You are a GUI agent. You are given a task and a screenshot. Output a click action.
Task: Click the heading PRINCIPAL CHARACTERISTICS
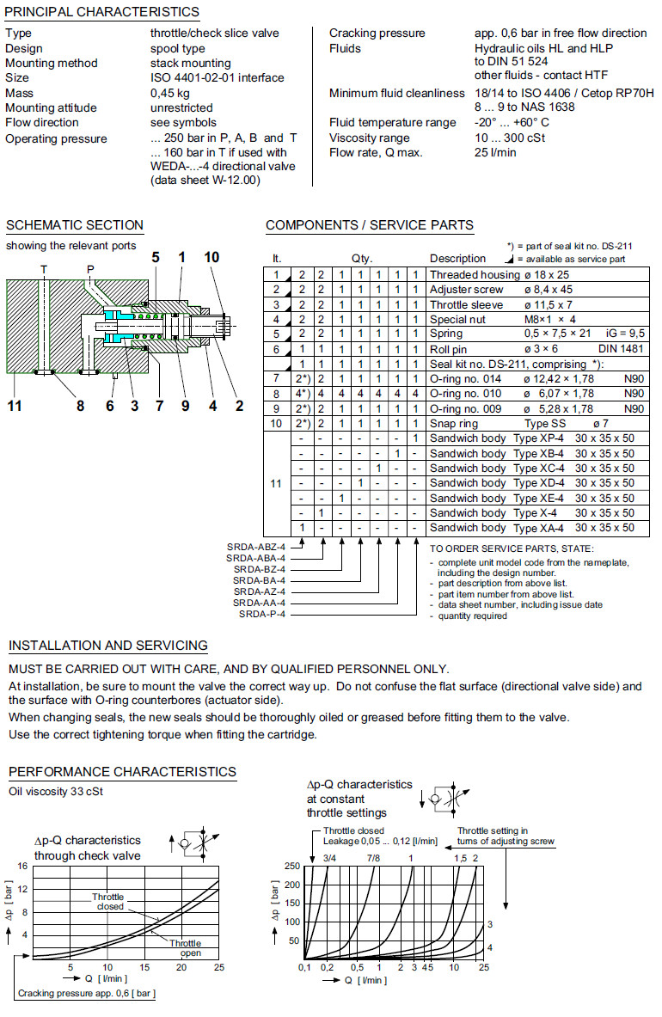coord(102,12)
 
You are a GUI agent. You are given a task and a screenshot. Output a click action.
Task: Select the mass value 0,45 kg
coord(170,93)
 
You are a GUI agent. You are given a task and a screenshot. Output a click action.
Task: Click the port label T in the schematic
coord(44,269)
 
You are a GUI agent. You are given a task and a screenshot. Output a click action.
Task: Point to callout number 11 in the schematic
coord(15,406)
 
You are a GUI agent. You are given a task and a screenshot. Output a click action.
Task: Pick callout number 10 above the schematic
coord(211,257)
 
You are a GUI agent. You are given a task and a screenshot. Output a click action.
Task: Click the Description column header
coord(457,259)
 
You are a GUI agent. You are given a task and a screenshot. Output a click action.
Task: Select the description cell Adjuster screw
coord(467,290)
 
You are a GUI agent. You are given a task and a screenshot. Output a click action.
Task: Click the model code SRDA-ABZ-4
coord(257,547)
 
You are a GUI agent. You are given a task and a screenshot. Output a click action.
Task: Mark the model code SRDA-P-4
coord(263,614)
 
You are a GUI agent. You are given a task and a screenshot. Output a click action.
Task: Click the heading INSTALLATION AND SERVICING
coord(107,646)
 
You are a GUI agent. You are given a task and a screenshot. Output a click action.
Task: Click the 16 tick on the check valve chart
coord(22,866)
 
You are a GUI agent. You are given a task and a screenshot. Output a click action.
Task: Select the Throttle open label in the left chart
coord(186,948)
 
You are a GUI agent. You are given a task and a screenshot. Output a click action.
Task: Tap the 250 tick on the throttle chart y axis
coord(292,866)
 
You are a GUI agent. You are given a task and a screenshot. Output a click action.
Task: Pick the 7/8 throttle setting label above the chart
coord(372,857)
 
